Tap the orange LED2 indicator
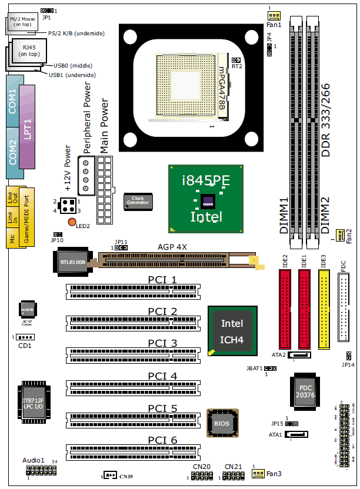72,222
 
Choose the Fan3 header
258,473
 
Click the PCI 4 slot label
162,376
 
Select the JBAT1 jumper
271,369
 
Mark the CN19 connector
110,475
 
